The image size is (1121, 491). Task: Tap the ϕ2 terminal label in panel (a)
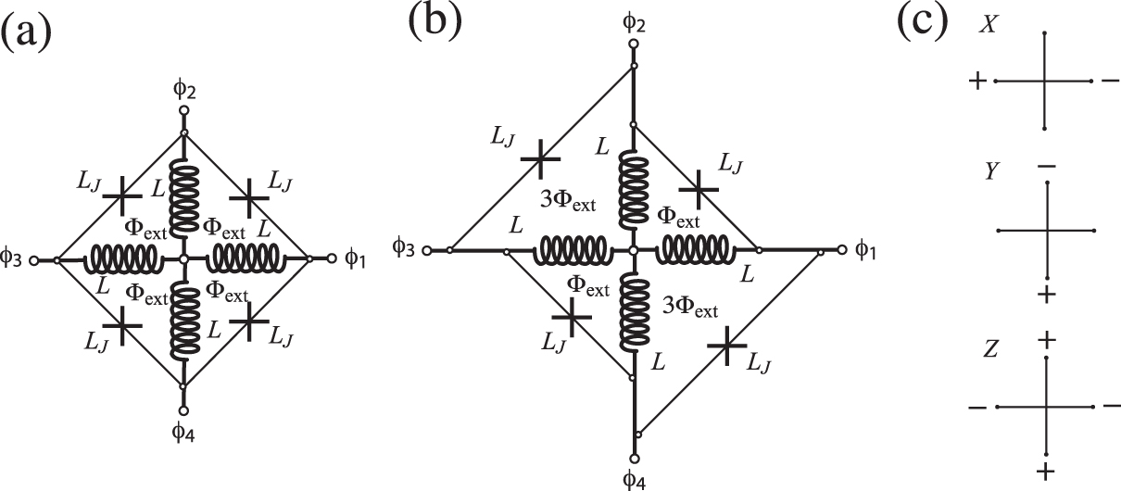coord(183,90)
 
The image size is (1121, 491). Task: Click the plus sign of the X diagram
coord(976,82)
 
